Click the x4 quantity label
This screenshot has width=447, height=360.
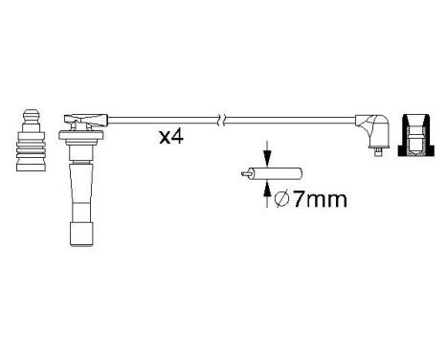coord(171,137)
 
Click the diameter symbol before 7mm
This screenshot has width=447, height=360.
coord(280,200)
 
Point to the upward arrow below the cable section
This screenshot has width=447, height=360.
coord(266,194)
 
